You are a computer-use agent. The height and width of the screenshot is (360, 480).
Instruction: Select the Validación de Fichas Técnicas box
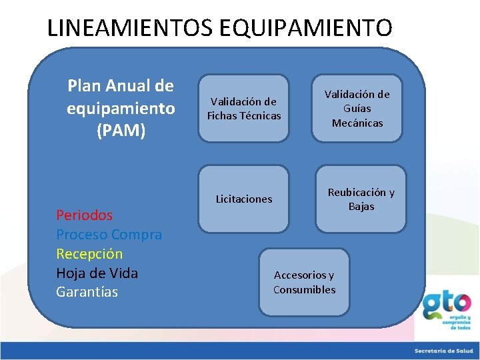click(x=244, y=109)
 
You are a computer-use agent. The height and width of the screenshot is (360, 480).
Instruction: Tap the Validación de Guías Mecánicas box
click(x=357, y=108)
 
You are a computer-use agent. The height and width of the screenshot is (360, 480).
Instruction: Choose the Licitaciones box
click(x=244, y=199)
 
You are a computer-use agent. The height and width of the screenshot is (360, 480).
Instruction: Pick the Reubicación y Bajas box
click(x=361, y=199)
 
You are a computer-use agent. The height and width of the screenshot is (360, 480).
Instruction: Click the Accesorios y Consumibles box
click(x=304, y=282)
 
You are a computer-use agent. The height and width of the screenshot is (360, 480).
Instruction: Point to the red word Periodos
click(x=84, y=215)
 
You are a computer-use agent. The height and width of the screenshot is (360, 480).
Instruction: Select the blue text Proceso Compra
click(x=109, y=235)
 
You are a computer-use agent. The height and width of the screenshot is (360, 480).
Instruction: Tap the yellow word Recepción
click(x=89, y=254)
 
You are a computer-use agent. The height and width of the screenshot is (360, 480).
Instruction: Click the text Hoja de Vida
click(x=97, y=273)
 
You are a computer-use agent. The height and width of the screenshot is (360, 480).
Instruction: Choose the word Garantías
click(x=87, y=292)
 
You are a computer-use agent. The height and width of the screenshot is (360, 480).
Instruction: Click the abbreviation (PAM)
click(x=121, y=131)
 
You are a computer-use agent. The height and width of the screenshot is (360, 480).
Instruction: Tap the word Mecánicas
click(x=357, y=123)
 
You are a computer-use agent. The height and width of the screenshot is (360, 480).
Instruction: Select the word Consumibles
click(x=304, y=289)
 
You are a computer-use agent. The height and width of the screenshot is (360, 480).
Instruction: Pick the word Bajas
click(x=361, y=207)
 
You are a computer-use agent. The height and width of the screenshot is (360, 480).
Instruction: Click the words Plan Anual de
click(x=121, y=86)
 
